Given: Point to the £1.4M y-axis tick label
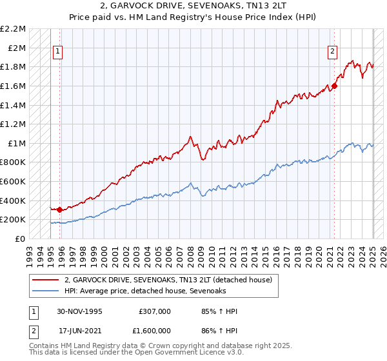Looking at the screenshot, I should coord(14,105).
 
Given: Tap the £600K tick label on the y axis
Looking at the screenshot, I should coord(14,182).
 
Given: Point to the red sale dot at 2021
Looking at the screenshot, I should coord(334,86).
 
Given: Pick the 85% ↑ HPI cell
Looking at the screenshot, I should coord(220,311).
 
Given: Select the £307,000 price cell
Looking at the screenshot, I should coord(154,311).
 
